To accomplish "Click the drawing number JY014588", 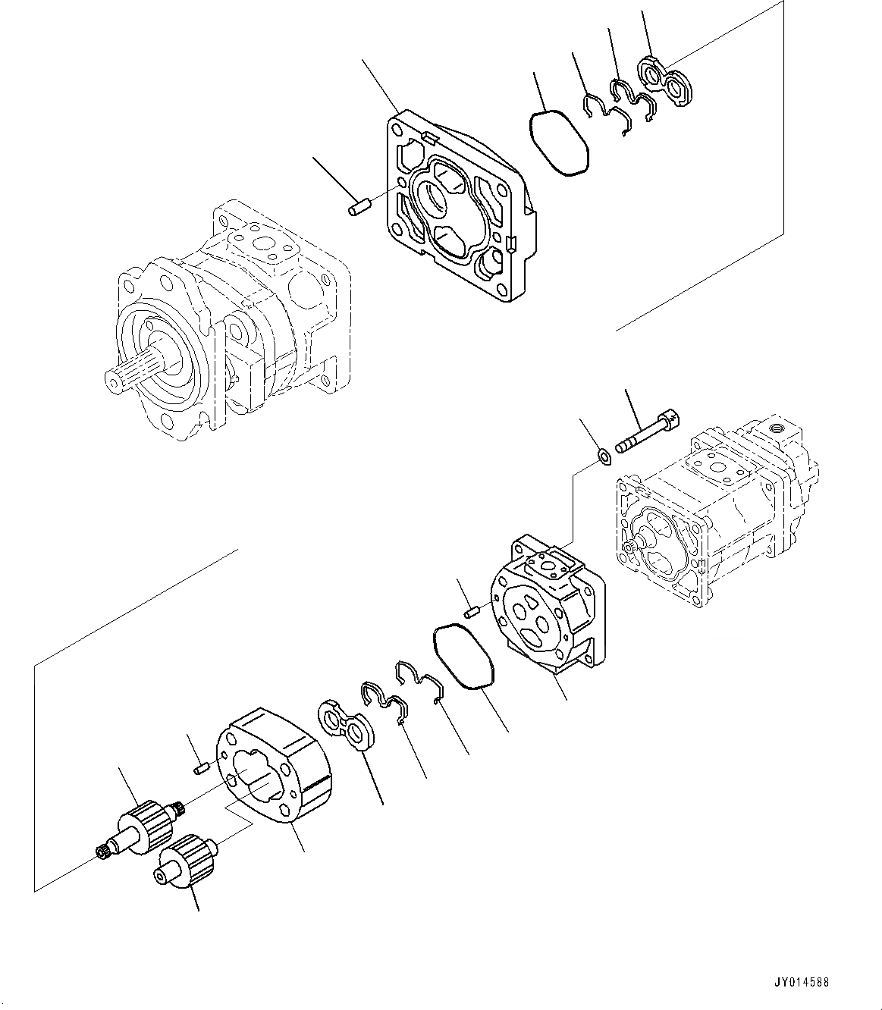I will [x=802, y=982].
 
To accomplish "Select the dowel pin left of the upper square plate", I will [x=357, y=207].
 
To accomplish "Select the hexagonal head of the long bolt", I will [x=667, y=419].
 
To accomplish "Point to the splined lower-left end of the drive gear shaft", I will [x=103, y=855].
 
